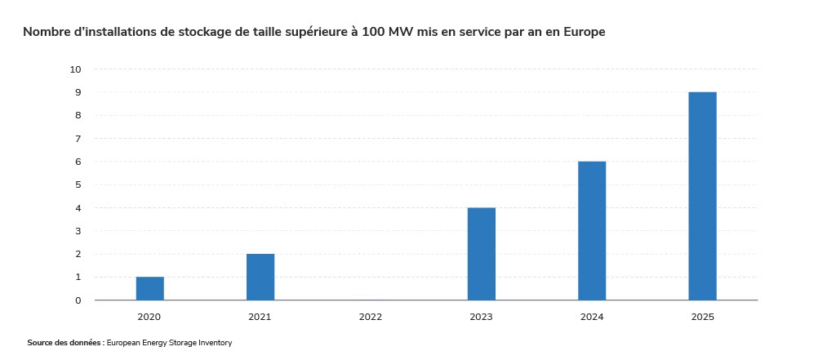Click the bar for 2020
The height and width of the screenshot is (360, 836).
click(149, 288)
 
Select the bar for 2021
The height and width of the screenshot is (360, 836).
click(260, 277)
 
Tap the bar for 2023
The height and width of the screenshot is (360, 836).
click(481, 254)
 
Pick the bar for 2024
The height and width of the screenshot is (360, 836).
click(592, 231)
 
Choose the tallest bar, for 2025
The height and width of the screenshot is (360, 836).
click(702, 196)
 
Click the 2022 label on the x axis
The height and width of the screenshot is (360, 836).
click(371, 316)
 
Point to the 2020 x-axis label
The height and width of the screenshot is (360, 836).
click(149, 316)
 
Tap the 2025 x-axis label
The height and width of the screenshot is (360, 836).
click(702, 316)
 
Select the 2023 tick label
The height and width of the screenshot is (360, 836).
click(481, 316)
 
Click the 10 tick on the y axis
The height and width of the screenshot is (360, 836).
click(76, 69)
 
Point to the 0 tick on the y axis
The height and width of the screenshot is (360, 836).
click(78, 300)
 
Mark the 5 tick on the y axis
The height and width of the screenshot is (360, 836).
click(78, 184)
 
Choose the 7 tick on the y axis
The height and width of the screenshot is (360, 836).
click(78, 139)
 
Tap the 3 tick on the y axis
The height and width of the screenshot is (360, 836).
click(78, 231)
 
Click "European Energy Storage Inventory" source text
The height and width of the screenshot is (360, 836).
click(175, 343)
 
